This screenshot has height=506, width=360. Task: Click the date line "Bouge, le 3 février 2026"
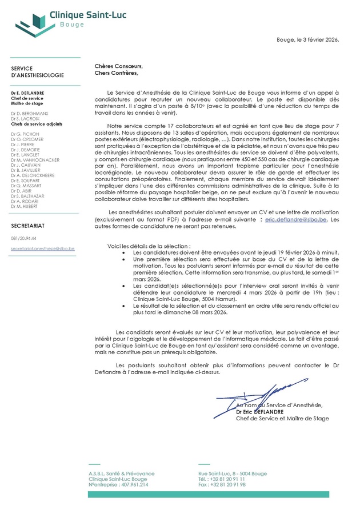[307, 40]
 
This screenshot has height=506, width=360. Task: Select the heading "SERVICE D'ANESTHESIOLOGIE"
[37, 72]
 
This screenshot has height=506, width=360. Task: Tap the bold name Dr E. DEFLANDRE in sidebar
[28, 93]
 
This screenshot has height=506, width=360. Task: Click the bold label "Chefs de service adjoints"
[37, 124]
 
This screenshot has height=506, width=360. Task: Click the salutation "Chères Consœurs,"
[118, 66]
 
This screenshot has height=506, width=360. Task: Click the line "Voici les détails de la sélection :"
[149, 246]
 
